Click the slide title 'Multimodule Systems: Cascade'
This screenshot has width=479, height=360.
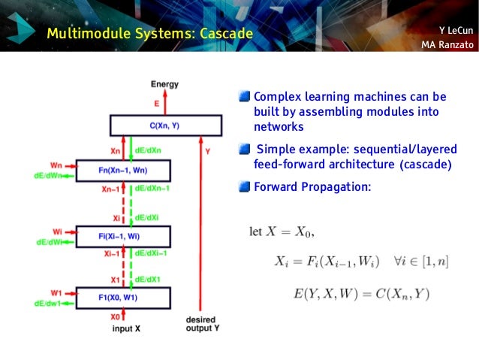tap(149, 33)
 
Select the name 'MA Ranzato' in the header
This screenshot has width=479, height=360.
tap(447, 45)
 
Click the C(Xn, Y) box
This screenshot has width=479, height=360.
tap(166, 125)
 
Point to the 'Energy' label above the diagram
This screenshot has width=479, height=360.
tap(165, 83)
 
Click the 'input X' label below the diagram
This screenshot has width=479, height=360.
tap(126, 328)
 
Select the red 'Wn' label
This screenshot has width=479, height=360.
tap(56, 164)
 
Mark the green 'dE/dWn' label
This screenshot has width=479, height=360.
tap(53, 177)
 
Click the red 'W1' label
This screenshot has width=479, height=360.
tap(56, 292)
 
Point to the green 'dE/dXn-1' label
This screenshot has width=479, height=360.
tap(152, 189)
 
